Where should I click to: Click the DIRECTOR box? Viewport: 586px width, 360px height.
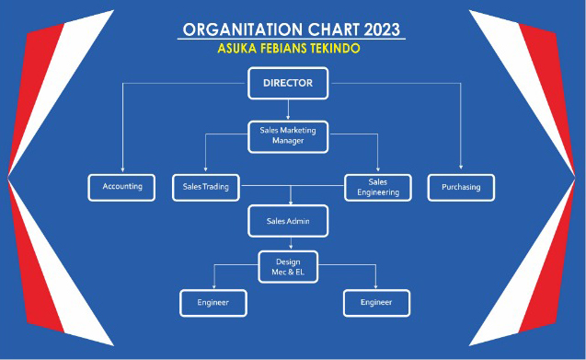(288, 84)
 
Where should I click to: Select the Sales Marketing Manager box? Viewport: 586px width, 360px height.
(288, 136)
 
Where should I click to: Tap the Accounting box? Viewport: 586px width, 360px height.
(122, 187)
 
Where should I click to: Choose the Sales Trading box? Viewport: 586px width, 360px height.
(205, 187)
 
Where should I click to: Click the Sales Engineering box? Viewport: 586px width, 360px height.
(377, 187)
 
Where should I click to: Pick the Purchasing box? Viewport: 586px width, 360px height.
(461, 187)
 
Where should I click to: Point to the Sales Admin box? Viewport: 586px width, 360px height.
(288, 221)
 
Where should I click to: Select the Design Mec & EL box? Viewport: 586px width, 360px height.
(288, 266)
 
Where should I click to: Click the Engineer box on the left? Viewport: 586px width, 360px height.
(213, 302)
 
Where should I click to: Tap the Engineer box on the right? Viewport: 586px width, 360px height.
(376, 302)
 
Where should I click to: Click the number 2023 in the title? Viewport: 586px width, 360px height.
(376, 29)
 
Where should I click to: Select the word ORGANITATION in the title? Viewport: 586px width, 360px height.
(240, 29)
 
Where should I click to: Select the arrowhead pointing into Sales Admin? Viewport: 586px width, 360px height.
(291, 202)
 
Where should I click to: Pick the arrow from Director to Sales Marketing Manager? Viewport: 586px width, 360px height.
(288, 110)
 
